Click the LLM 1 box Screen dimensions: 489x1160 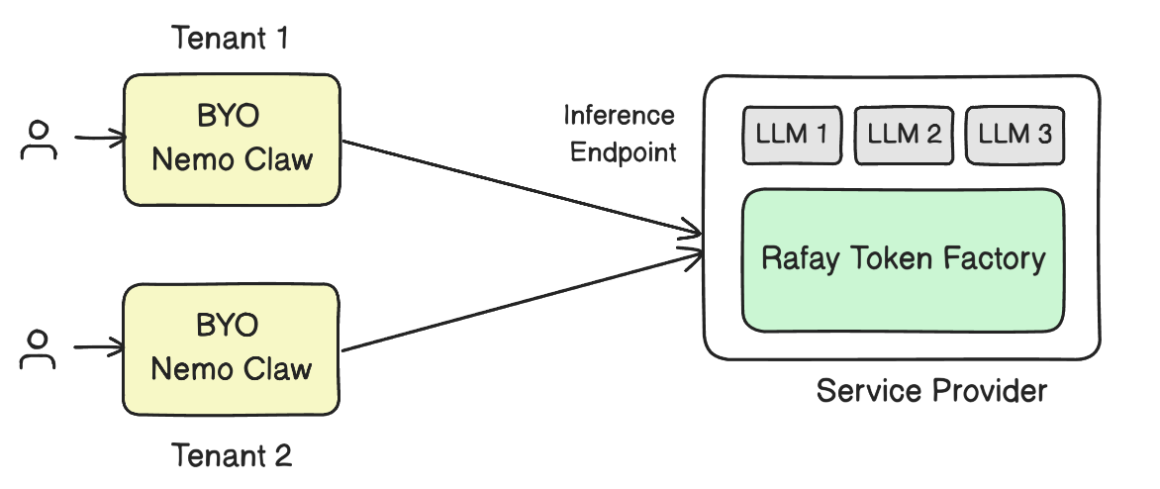[793, 135]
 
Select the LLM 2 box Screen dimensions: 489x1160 [904, 135]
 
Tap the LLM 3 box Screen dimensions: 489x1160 [1015, 135]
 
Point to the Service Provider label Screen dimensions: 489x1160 [930, 391]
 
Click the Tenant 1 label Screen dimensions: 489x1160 [232, 40]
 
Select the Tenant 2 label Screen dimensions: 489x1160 [232, 455]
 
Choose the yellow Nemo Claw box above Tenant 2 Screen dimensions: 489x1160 [232, 349]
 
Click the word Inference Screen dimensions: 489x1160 [620, 116]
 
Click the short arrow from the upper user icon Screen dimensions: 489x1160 [99, 139]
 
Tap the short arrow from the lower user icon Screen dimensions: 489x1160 [99, 347]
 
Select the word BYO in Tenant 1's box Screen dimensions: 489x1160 [228, 117]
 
